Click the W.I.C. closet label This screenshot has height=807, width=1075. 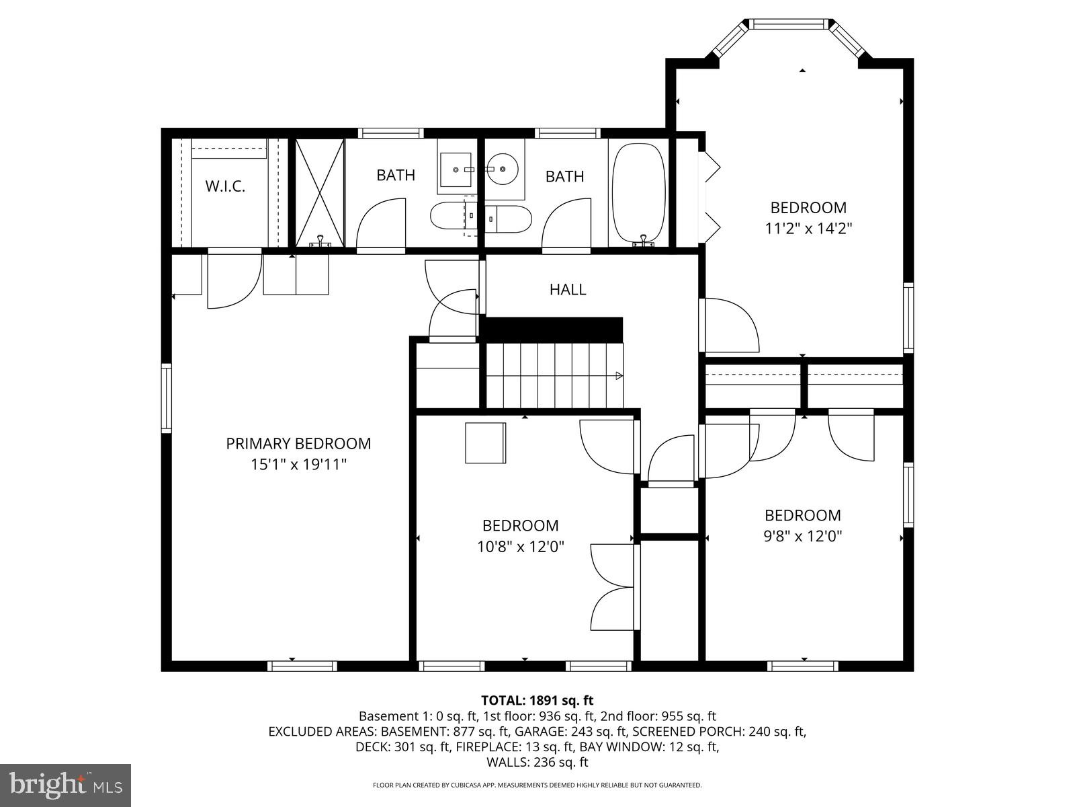click(x=225, y=186)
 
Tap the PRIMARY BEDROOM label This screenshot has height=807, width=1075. click(x=298, y=444)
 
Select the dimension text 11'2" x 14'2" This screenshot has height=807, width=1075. click(x=808, y=229)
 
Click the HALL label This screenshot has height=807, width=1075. click(x=568, y=290)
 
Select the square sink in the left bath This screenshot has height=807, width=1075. click(x=456, y=169)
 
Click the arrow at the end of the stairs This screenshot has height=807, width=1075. click(x=618, y=376)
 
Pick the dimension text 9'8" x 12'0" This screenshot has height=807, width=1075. click(x=803, y=537)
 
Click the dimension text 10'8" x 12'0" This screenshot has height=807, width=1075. click(x=521, y=547)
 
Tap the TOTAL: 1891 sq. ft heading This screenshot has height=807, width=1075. click(x=537, y=701)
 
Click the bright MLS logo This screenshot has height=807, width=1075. click(x=65, y=784)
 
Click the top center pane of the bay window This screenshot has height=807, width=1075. click(x=789, y=24)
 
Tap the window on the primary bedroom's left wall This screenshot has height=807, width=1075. click(x=166, y=397)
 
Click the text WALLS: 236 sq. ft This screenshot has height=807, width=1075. click(x=537, y=762)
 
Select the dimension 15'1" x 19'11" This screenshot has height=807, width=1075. click(x=298, y=465)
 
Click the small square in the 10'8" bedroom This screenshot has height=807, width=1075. click(x=486, y=443)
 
